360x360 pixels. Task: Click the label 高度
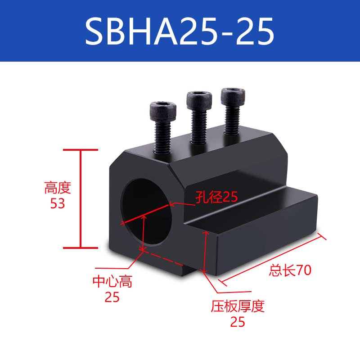(x=58, y=188)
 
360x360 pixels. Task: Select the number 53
(x=58, y=204)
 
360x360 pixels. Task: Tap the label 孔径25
(x=216, y=197)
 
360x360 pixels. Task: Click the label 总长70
(x=290, y=270)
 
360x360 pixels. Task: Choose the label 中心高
(x=112, y=282)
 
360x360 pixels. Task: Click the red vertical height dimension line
(x=81, y=198)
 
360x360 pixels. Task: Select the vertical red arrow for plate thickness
(x=206, y=252)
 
